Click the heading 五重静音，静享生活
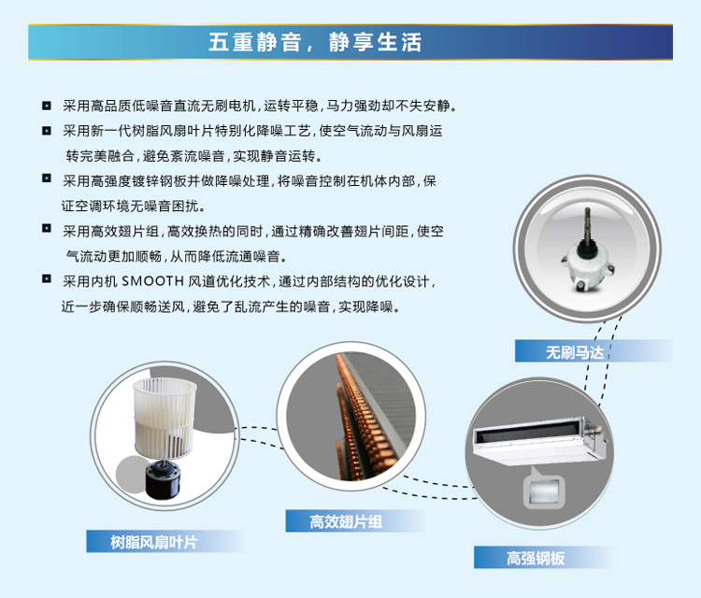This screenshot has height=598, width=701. pyautogui.click(x=316, y=43)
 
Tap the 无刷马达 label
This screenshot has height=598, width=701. pyautogui.click(x=577, y=352)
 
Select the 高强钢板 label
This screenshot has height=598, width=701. pyautogui.click(x=536, y=558)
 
